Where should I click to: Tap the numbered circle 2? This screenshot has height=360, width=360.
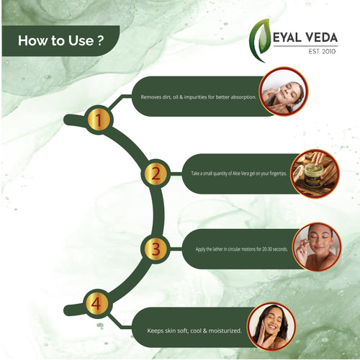pyautogui.click(x=155, y=174)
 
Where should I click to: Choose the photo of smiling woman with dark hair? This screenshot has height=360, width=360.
pyautogui.click(x=271, y=325)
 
